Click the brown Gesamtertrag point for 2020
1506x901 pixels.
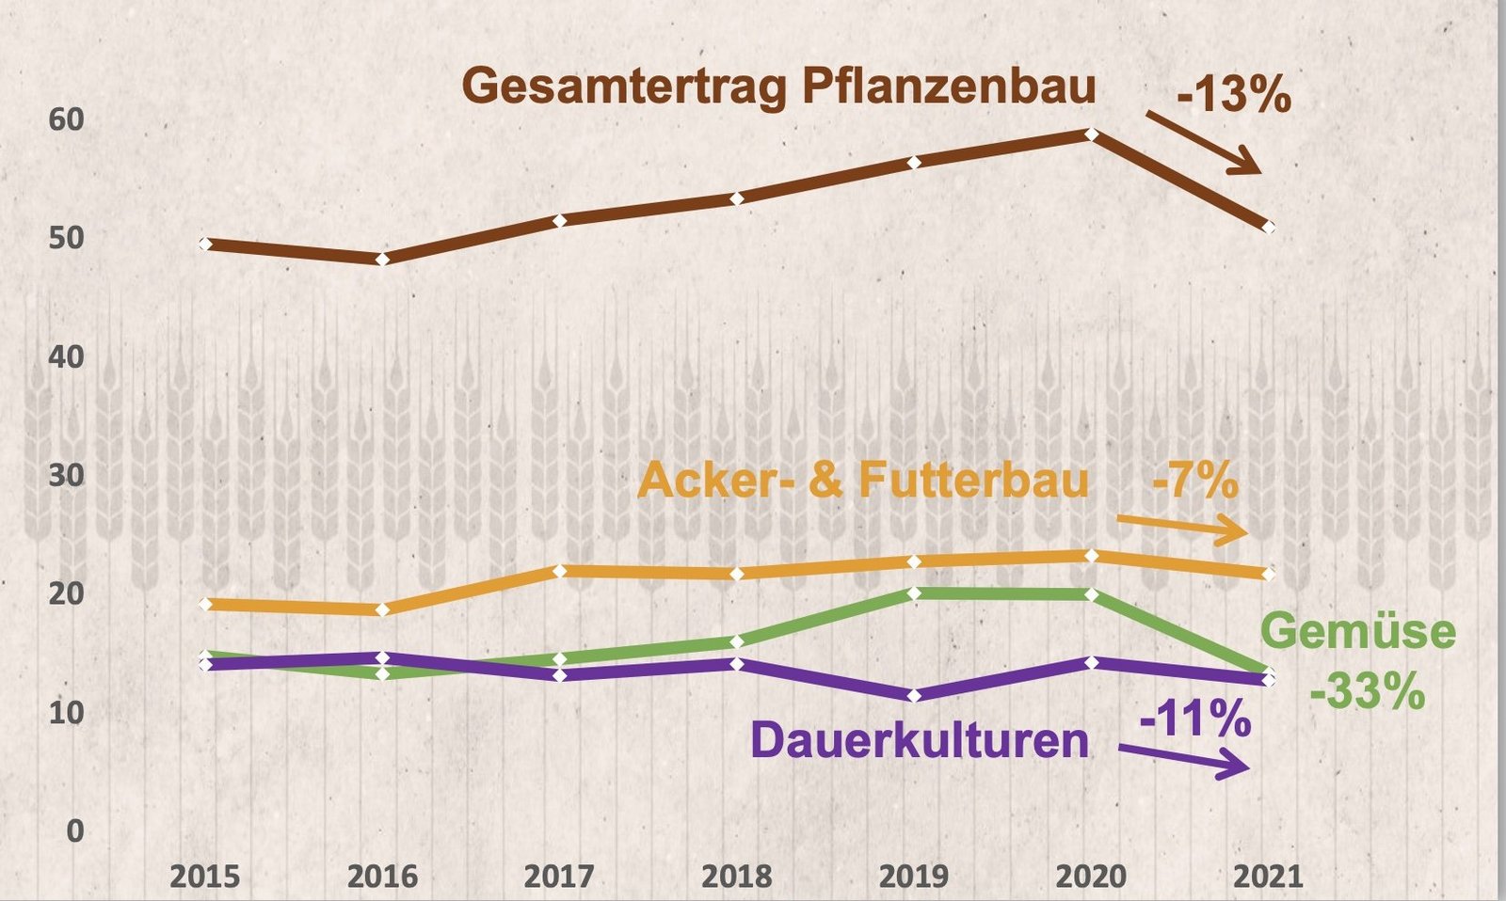[x=1091, y=134]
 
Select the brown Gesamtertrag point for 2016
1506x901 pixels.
[x=382, y=259]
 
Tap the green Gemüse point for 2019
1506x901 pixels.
[x=914, y=593]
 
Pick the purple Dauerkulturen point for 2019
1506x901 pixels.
[x=914, y=695]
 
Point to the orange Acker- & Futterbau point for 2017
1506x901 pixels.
[x=559, y=570]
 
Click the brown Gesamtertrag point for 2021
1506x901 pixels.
[x=1268, y=227]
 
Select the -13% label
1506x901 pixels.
[x=1233, y=95]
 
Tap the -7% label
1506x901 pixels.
[x=1195, y=482]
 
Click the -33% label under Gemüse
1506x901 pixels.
[x=1368, y=693]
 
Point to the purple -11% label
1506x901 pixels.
[x=1195, y=719]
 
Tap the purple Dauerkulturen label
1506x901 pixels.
[x=920, y=740]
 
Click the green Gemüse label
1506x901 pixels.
[x=1357, y=631]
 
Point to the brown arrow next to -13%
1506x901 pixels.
[x=1203, y=143]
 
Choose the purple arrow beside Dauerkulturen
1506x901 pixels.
[x=1184, y=759]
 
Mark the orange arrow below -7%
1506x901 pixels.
[x=1182, y=528]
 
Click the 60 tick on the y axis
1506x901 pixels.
[x=66, y=119]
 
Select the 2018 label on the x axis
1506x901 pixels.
[x=737, y=877]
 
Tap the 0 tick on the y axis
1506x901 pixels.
[x=74, y=830]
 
